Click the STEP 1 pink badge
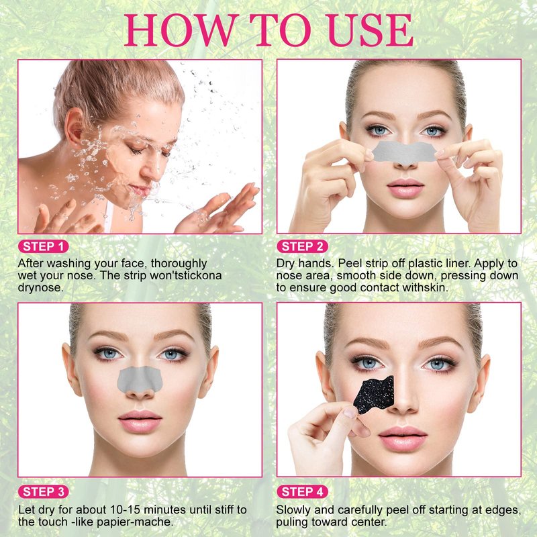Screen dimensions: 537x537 pos(43,246)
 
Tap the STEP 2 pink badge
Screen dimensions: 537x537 pos(302,246)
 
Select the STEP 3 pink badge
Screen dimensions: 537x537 pos(43,492)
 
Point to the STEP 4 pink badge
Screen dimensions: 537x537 pos(302,492)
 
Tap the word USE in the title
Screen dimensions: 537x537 pos(370,30)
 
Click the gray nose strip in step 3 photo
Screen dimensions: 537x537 pos(140,379)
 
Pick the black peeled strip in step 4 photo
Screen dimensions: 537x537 pos(375,394)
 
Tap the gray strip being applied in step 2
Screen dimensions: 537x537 pos(404,152)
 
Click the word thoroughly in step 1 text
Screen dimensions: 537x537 pos(179,264)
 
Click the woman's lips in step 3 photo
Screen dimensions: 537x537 pos(140,421)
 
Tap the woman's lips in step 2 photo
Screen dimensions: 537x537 pos(405,188)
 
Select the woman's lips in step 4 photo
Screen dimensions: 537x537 pos(403,438)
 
